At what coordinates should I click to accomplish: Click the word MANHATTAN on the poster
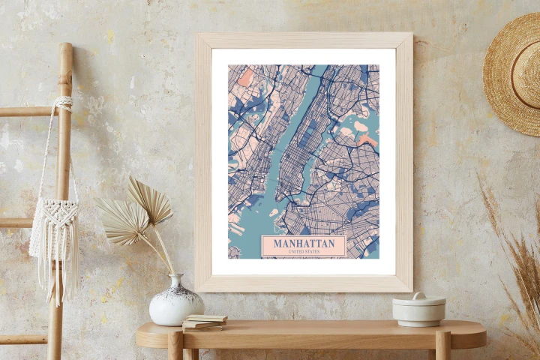coord(304,244)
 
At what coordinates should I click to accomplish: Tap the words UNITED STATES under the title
coord(304,252)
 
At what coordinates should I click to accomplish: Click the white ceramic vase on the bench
coord(176,303)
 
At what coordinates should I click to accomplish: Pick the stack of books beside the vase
coord(204,322)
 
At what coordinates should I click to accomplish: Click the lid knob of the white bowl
coord(418,295)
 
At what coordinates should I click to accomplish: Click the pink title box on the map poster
coord(304,247)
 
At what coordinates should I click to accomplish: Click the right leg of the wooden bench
coord(442,347)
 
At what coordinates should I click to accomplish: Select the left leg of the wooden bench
coord(175,347)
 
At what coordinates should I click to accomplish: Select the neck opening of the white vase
coord(177,276)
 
